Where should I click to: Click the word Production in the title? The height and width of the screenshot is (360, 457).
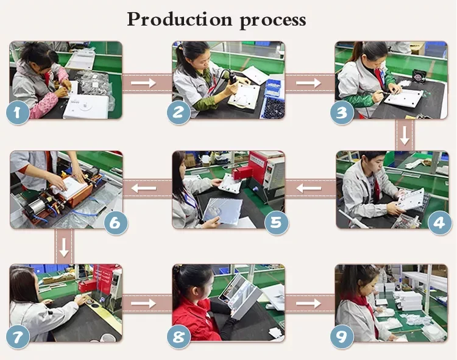180,19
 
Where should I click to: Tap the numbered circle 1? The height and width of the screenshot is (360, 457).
18,113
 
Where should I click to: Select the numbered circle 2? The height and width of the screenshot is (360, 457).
179,113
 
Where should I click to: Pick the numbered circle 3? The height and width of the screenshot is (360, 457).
342,113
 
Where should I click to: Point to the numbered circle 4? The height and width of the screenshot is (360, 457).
440,223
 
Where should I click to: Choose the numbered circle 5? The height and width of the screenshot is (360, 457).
277,223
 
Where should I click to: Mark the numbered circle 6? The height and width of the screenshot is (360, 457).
116,223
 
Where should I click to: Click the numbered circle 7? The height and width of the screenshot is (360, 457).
18,336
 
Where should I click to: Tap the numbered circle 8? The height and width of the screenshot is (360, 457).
179,336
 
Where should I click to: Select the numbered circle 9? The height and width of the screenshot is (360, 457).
342,336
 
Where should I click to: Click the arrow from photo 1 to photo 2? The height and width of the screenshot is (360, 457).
143,83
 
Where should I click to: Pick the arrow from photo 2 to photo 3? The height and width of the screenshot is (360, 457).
308,83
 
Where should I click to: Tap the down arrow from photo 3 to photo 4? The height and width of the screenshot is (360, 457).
405,135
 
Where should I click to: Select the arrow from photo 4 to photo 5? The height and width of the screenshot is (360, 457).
309,188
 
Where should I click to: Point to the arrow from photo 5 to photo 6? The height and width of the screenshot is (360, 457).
144,188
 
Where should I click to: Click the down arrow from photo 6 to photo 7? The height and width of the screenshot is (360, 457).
64,247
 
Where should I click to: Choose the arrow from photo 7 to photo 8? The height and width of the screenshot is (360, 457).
143,303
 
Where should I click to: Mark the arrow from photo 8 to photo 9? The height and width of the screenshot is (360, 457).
308,303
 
